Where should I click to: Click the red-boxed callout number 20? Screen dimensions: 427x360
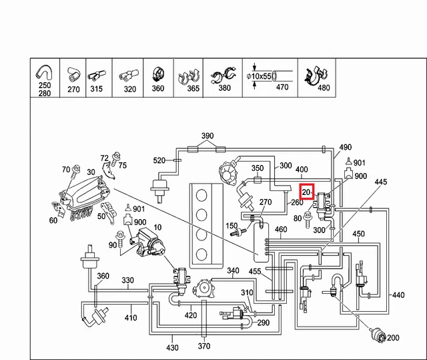(x=307, y=192)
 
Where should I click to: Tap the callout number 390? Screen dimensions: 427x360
(x=207, y=136)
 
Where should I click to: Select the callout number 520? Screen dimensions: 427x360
(x=159, y=160)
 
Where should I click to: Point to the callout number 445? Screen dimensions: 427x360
(x=381, y=182)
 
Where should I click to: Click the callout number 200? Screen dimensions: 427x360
(x=393, y=338)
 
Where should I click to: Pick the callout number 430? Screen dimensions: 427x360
(x=172, y=347)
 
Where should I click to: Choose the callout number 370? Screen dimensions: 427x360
(x=204, y=346)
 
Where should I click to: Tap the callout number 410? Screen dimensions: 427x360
(x=131, y=317)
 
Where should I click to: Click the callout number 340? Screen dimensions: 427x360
(x=233, y=271)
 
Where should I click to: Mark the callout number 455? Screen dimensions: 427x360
(x=255, y=271)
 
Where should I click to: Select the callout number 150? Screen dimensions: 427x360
(x=232, y=226)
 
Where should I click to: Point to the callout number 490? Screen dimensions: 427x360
(x=346, y=147)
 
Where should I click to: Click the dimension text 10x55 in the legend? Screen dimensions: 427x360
(x=262, y=76)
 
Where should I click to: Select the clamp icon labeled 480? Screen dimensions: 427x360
(x=316, y=76)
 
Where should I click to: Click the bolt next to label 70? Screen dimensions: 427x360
(x=75, y=171)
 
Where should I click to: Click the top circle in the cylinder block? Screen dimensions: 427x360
(x=201, y=195)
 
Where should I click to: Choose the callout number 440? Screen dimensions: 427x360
(x=398, y=295)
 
